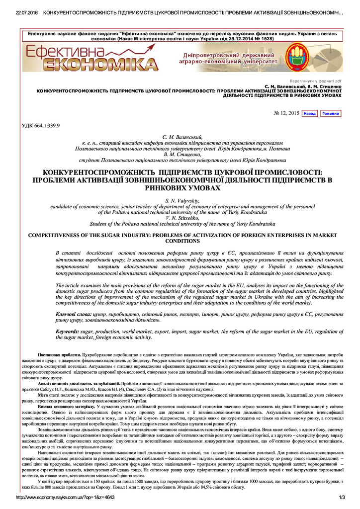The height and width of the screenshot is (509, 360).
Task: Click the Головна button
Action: coord(331,113)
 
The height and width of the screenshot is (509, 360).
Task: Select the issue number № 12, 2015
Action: coord(287,113)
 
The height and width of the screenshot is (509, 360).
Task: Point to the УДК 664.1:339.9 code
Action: coord(41,126)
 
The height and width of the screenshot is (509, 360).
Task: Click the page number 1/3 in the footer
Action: coord(342,497)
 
